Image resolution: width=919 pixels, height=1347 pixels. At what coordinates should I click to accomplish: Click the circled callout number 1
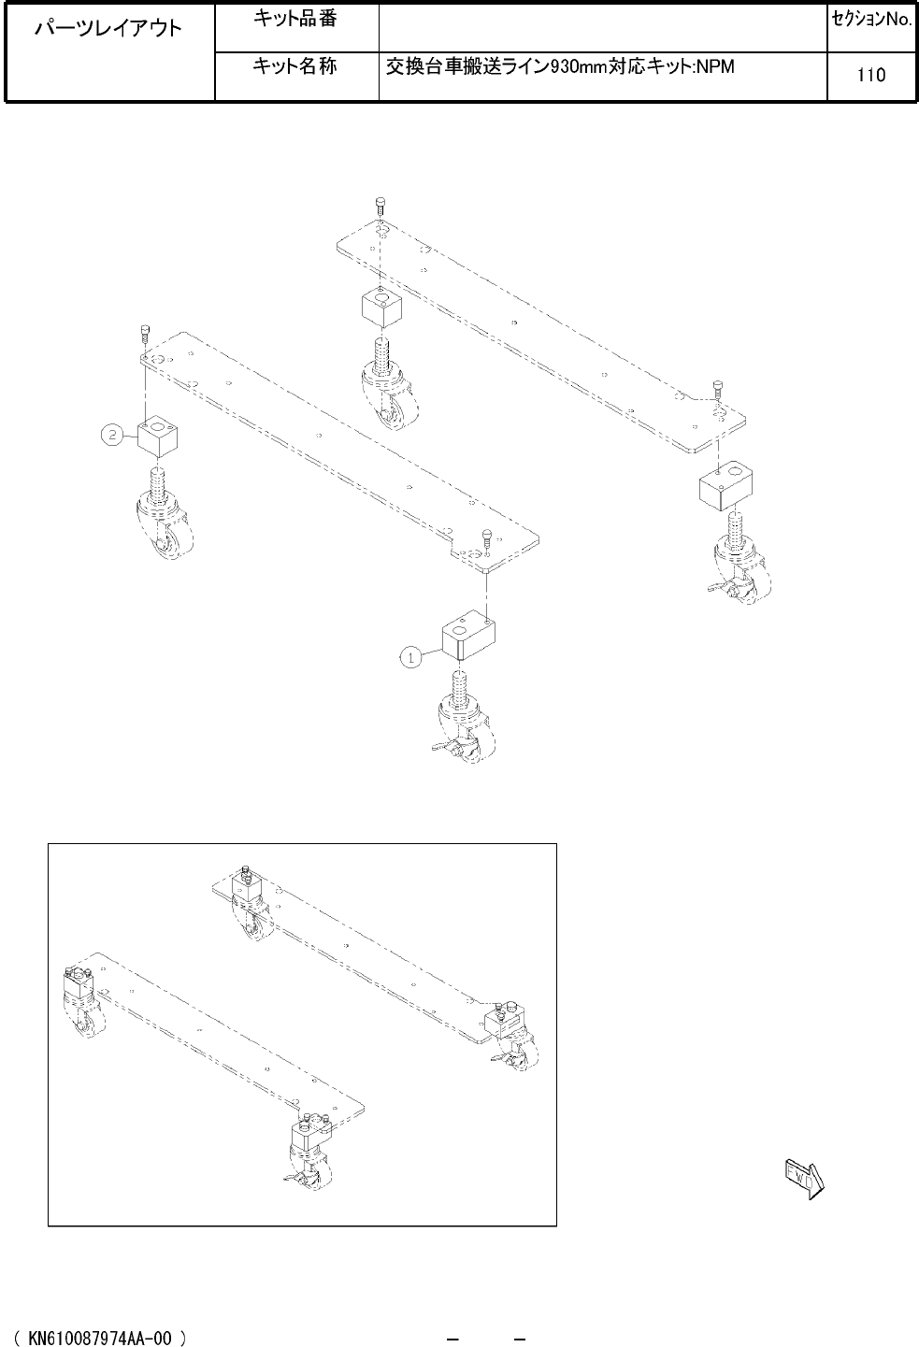(411, 658)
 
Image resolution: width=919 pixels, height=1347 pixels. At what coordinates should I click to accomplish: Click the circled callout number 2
(112, 435)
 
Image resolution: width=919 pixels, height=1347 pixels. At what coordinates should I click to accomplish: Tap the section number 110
(871, 75)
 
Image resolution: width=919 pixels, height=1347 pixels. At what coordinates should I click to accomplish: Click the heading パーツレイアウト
(108, 28)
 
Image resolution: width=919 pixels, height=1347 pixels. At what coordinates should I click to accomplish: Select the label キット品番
(294, 19)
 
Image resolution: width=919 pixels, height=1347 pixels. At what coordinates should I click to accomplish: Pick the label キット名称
(294, 65)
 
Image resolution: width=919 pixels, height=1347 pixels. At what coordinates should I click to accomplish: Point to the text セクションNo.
(872, 20)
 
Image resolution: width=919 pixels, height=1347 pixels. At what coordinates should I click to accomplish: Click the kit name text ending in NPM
(560, 66)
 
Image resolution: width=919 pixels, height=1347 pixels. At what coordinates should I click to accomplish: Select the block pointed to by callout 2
(158, 437)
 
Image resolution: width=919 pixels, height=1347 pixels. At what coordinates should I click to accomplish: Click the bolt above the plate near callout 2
(144, 333)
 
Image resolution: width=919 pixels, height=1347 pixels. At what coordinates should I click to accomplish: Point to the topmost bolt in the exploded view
(380, 205)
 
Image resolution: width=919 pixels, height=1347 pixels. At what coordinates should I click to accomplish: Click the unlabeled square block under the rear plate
(382, 308)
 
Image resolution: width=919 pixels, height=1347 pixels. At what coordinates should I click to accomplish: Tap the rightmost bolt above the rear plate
(717, 389)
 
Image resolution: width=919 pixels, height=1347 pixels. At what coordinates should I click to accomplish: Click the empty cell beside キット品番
(603, 28)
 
